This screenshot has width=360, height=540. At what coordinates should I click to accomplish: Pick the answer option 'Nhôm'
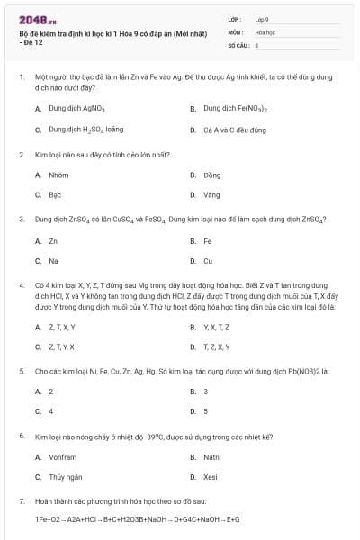coord(58,175)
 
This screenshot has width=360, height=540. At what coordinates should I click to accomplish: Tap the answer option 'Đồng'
coord(211,175)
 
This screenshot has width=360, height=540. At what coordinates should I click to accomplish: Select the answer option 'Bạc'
coord(55,195)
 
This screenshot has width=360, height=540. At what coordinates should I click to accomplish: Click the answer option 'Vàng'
coord(211,195)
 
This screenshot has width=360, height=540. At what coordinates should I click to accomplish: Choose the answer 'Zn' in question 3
coord(53,241)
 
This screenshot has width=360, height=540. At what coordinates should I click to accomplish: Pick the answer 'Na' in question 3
coord(53,261)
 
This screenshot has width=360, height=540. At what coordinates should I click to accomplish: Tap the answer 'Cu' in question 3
coord(208,261)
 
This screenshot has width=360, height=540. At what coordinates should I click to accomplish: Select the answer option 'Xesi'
coord(211,477)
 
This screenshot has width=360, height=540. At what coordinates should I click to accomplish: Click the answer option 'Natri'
coord(212,457)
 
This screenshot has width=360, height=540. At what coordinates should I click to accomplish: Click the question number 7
coord(21,500)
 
